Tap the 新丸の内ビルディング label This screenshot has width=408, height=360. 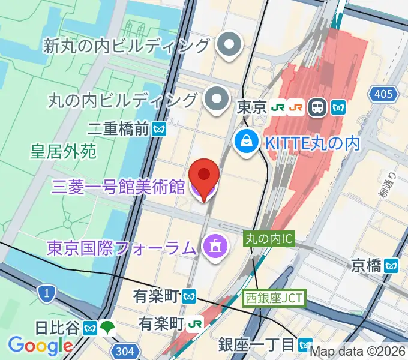127,45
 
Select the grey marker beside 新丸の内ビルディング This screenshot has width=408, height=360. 229,46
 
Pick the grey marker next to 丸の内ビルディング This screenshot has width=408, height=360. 215,98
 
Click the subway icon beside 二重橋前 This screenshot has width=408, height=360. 159,128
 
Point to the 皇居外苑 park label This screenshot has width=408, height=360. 64,152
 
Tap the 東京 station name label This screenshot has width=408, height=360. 251,108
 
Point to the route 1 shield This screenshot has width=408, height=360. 46,293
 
